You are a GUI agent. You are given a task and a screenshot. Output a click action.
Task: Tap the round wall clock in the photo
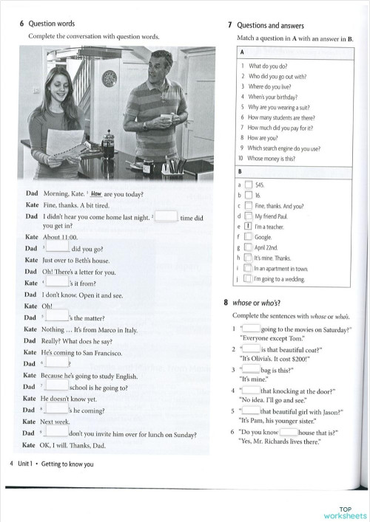click(x=109, y=81)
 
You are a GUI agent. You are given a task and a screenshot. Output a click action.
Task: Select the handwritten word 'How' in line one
click(x=95, y=194)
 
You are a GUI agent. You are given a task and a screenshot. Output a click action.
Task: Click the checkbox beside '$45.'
click(x=249, y=185)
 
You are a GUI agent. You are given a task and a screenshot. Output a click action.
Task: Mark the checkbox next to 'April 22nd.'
click(x=249, y=249)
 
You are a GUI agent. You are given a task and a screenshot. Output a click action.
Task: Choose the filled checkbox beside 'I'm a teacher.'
click(x=249, y=227)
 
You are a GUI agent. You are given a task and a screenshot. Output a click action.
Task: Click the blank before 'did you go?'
click(x=58, y=249)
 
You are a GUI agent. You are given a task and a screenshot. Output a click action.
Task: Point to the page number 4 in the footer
click(x=10, y=464)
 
